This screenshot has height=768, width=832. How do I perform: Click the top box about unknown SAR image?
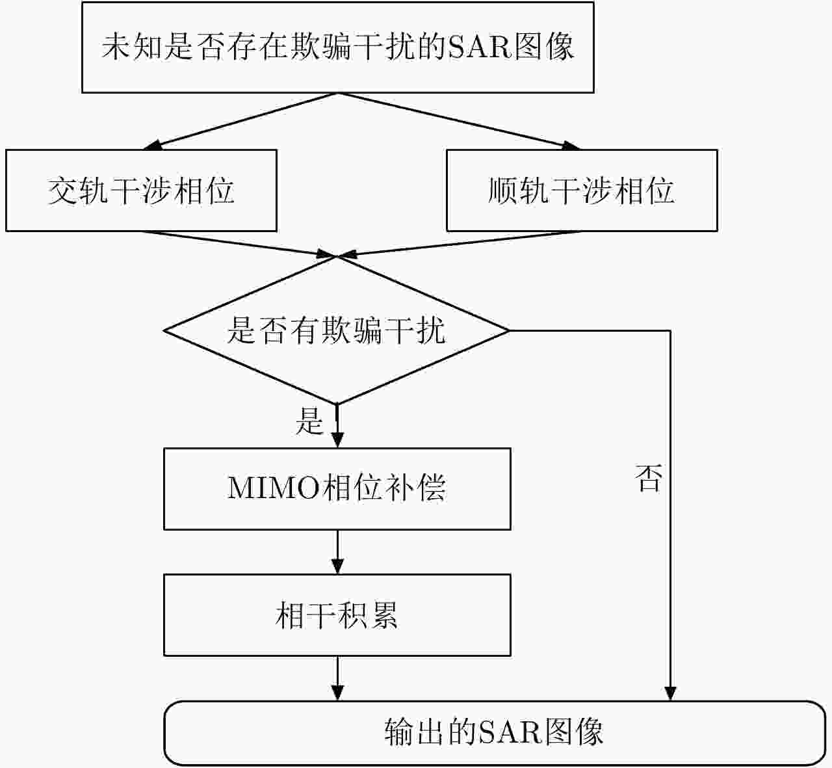coord(337,47)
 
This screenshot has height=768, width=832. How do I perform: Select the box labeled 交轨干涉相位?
coord(141,191)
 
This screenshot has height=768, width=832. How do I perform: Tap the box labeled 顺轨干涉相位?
coord(582,191)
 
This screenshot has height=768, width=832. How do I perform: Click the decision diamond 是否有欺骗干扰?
coord(336,330)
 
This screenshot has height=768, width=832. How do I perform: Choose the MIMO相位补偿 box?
coord(337,488)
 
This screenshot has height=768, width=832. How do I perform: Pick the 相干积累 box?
coord(337,615)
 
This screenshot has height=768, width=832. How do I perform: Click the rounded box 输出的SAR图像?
coord(494,732)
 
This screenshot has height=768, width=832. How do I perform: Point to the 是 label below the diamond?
coord(309,421)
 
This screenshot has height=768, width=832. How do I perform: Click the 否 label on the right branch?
coord(648,479)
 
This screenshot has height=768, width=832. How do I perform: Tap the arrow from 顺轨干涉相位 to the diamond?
coord(461,243)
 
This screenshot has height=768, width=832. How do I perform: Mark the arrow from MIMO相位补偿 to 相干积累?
coord(337,552)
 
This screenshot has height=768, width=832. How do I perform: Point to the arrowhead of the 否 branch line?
coord(669,694)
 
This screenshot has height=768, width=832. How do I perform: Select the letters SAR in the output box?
coord(510,732)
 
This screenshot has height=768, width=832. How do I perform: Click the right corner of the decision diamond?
coord(508,330)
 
